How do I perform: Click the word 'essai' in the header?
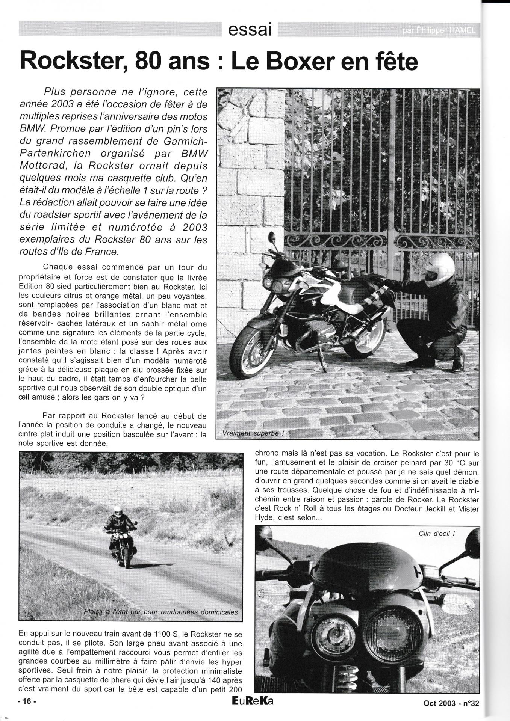click(250, 29)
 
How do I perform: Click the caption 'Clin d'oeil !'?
click(437, 533)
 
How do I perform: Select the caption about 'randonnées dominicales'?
click(161, 612)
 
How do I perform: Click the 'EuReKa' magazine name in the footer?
click(253, 701)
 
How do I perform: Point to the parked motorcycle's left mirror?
click(271, 238)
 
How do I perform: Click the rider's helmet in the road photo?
click(118, 511)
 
